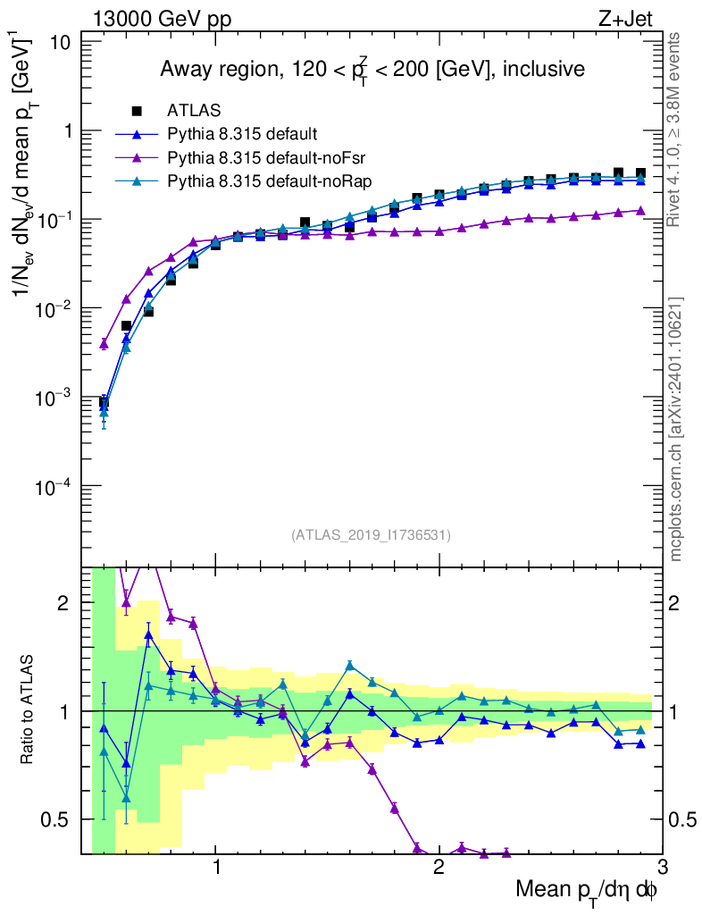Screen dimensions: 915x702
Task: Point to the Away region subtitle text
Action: pyautogui.click(x=372, y=70)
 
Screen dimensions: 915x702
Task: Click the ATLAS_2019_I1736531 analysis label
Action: pyautogui.click(x=371, y=535)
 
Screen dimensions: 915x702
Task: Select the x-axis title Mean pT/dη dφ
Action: pyautogui.click(x=587, y=889)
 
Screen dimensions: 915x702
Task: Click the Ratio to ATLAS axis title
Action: pyautogui.click(x=28, y=710)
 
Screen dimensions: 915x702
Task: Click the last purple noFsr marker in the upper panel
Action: pyautogui.click(x=639, y=211)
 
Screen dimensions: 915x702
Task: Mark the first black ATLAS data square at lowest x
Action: pyautogui.click(x=104, y=403)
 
